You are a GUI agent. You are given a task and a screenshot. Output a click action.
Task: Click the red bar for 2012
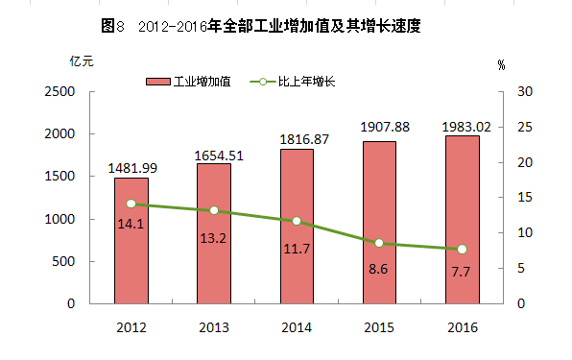click(x=131, y=241)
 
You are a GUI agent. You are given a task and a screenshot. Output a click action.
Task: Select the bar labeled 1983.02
click(x=463, y=220)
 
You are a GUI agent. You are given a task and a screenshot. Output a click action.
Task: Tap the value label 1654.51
click(x=219, y=156)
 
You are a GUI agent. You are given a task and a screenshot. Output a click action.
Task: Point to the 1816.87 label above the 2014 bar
click(x=304, y=139)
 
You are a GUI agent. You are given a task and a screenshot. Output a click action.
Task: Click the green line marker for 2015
click(x=379, y=243)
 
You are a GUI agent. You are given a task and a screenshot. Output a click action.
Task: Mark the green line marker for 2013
click(x=214, y=210)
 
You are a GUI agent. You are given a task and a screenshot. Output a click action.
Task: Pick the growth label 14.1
click(x=131, y=224)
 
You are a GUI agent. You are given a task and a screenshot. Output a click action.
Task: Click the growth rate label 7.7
click(x=461, y=272)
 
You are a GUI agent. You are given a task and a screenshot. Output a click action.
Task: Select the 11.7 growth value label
click(x=297, y=249)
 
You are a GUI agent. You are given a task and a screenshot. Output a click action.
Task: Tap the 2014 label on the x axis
click(x=297, y=327)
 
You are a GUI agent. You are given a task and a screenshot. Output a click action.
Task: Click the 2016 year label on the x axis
click(x=463, y=327)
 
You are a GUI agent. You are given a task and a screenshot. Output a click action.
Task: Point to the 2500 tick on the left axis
click(x=60, y=91)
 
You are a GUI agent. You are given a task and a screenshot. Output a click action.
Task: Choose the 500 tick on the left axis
click(x=63, y=261)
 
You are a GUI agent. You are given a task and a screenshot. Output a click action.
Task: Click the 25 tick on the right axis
click(x=525, y=127)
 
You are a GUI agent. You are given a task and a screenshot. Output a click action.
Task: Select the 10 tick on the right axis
click(x=525, y=232)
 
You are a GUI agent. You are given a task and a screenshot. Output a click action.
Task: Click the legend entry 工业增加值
click(x=189, y=82)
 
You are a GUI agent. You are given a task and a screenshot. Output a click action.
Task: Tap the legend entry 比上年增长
click(x=293, y=82)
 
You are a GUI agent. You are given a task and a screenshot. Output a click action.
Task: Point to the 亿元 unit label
click(x=82, y=61)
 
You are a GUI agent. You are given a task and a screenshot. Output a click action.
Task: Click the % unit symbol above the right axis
click(x=502, y=65)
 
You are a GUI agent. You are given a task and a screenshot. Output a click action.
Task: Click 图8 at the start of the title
click(x=112, y=26)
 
